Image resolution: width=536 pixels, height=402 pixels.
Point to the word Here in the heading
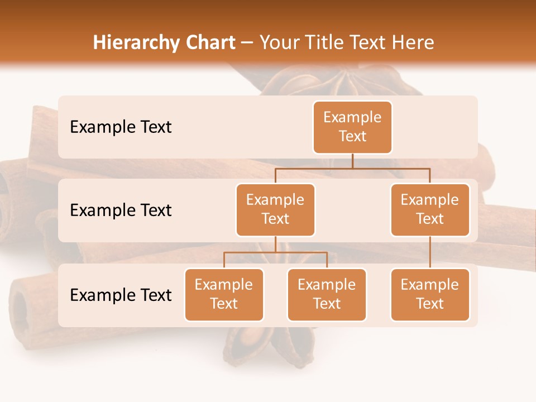(x=413, y=42)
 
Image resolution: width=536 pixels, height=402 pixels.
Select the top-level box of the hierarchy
(x=352, y=127)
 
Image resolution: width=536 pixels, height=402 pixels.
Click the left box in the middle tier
(x=275, y=209)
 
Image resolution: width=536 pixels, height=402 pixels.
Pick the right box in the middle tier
(x=430, y=209)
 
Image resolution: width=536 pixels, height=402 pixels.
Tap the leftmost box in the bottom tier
(x=224, y=294)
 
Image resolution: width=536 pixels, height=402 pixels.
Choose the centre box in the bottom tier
(x=327, y=294)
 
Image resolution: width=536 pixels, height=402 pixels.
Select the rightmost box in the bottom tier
(x=430, y=294)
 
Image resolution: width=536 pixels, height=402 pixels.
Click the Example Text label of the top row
(x=121, y=127)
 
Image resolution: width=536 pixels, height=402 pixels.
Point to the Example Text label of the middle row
(x=121, y=210)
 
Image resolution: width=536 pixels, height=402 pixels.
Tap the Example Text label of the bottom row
(x=121, y=295)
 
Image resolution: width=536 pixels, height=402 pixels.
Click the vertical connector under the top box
(x=352, y=161)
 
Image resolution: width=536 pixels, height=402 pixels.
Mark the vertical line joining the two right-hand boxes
(x=430, y=252)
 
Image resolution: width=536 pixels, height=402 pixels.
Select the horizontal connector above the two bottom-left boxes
(x=275, y=252)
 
